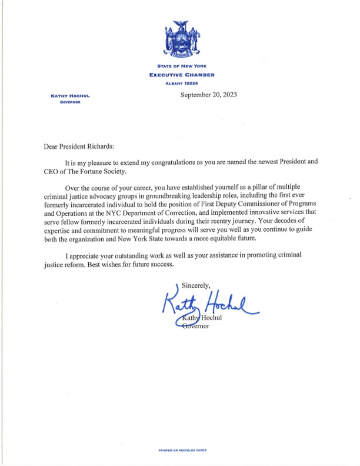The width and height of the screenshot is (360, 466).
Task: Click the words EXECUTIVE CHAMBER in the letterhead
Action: (182, 75)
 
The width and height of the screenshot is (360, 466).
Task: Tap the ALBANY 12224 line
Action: (182, 84)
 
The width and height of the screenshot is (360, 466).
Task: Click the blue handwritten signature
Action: (209, 305)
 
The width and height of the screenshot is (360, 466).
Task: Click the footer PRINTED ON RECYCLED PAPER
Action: (182, 450)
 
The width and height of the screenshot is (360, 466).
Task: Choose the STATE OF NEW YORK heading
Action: (182, 66)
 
